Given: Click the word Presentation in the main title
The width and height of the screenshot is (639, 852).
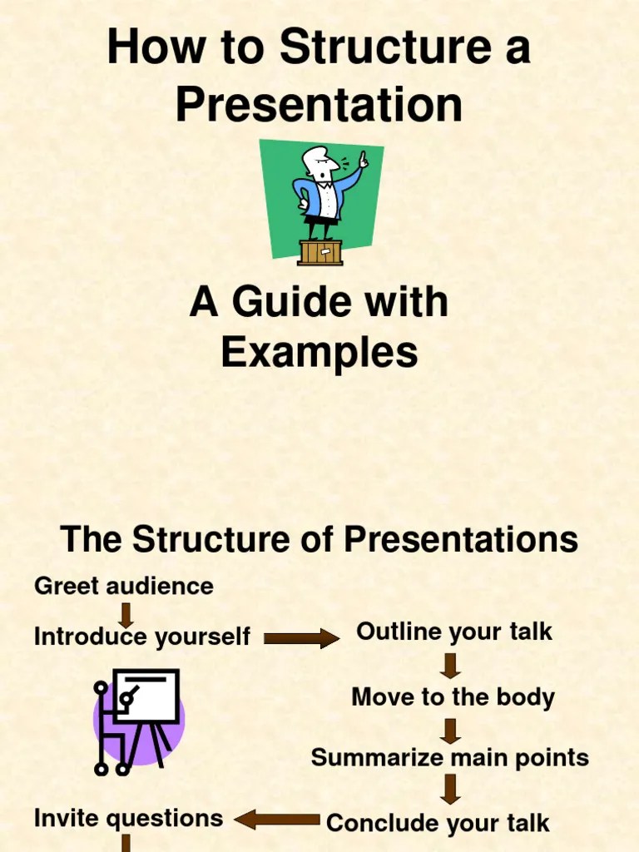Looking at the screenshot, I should pos(319,105).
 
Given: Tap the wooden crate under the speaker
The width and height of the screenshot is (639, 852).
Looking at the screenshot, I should pos(319,252).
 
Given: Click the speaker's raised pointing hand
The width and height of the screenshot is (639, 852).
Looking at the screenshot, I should pos(363,159).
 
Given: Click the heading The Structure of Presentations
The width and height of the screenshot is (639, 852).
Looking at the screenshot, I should pos(319,539).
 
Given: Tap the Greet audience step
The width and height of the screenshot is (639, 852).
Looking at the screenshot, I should pos(123,586).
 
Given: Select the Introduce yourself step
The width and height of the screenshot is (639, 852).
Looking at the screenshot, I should pos(141,637).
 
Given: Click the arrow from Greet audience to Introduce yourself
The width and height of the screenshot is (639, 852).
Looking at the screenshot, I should pos(126,615).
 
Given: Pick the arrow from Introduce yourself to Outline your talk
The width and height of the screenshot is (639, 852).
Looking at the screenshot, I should pos(301,638).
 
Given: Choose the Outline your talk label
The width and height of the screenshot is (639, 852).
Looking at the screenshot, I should pos(453,632).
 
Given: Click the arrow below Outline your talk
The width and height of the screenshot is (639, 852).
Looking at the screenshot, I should pos(451,666).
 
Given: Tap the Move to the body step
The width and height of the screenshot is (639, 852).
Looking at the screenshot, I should pos(453,696).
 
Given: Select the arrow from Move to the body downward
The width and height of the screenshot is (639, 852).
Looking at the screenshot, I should pos(451,730).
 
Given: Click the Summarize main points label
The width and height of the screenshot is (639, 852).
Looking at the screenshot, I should pos(449,758).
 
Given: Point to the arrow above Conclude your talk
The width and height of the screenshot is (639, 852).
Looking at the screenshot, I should pos(451,789).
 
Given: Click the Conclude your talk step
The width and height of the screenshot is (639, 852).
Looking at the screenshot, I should pos(438,823).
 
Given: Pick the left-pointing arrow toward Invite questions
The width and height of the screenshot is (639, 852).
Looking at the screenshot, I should pos(277,820).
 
